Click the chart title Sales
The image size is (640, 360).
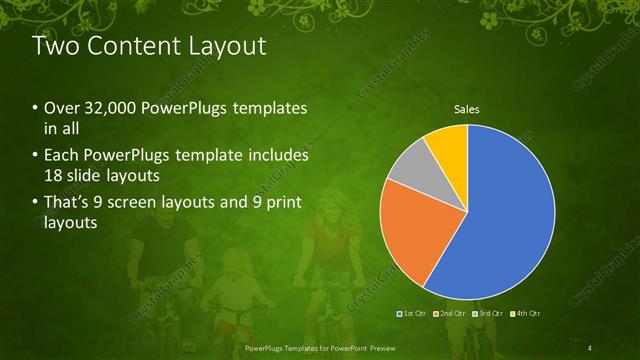point(467,108)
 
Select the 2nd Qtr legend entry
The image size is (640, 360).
point(452,313)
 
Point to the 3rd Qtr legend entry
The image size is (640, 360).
point(489,313)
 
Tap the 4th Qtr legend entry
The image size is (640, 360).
point(525,313)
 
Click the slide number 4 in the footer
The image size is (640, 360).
point(592,347)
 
